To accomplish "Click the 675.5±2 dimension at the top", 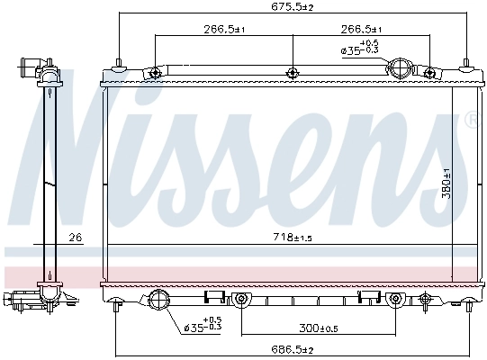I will (x=292, y=7).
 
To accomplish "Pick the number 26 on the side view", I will (x=75, y=238).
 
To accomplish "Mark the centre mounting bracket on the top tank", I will (x=292, y=73).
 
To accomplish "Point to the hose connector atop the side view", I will (x=34, y=67).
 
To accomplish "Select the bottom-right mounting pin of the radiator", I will (x=472, y=306).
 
